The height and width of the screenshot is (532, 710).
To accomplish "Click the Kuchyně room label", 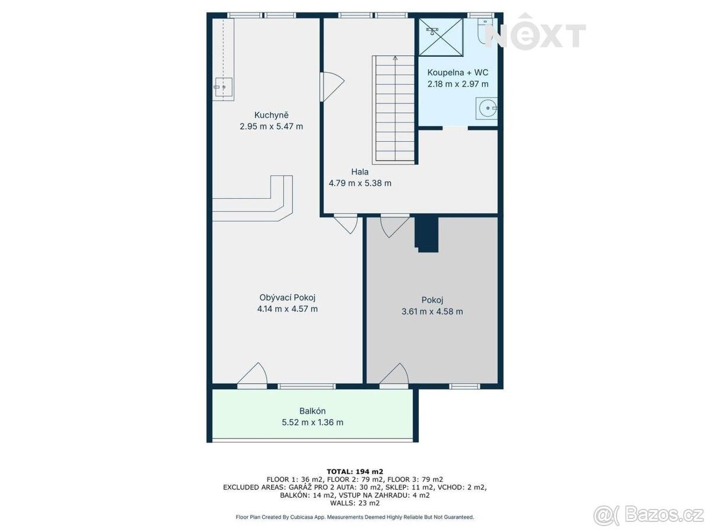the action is pos(271,115).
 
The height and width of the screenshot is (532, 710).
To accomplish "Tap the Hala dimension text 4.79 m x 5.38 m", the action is pos(360,183).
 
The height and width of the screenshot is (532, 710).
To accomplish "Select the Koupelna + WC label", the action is pos(458,72).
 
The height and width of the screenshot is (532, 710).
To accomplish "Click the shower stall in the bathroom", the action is pos(441,37).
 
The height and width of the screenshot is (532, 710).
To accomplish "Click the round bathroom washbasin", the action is pos(486,108).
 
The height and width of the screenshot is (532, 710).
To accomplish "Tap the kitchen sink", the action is pos(222,87).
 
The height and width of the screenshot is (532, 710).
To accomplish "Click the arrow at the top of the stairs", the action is pos(395,58).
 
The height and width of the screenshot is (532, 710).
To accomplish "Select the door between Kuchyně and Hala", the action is pos(331,86).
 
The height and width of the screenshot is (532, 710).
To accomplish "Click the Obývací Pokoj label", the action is pos(287,297).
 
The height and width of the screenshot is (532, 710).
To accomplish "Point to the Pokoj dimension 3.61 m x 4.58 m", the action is pos(432,312).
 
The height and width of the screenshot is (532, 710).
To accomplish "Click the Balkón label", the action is pos(312,411).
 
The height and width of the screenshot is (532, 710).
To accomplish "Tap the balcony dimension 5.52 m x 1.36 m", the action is pos(312,422).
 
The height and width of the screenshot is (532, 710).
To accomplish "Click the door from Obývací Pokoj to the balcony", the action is pos(252,375).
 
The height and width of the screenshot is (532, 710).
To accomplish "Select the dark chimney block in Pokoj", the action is pos(427,234).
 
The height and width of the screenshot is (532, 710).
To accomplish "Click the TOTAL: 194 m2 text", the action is pos(355,472).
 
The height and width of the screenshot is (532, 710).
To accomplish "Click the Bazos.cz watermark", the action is pos(648,515).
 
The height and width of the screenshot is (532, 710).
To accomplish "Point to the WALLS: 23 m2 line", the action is pos(355,503).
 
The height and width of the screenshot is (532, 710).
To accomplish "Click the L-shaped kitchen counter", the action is pos(252,199).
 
